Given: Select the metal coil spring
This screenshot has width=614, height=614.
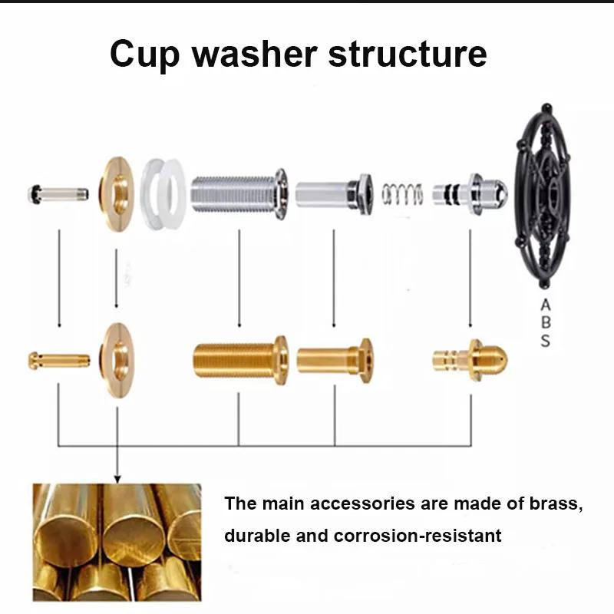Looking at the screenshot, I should coord(402,194).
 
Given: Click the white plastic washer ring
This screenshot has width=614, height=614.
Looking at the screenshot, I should coord(162,193).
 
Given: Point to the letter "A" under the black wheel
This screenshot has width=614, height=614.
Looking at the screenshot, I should coord(545,305).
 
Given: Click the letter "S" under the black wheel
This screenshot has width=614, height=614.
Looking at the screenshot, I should coord(545,341).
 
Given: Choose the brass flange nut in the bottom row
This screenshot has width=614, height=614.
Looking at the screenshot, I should coord(117,359).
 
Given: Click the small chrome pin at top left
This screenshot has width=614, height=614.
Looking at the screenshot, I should coord(58,193).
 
